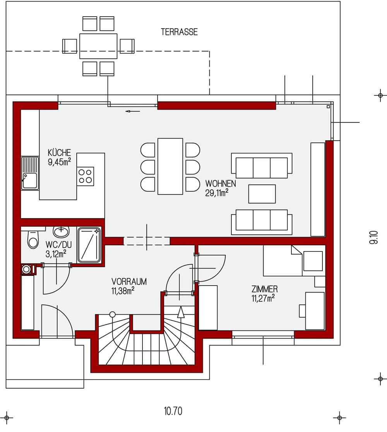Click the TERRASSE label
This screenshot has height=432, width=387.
tap(179, 32)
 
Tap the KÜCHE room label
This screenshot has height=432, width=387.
tap(59, 152)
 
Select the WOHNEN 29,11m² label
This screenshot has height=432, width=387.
tap(221, 188)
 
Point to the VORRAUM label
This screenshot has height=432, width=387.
tap(129, 282)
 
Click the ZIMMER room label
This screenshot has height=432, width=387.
tap(264, 289)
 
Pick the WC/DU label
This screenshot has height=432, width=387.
tap(58, 244)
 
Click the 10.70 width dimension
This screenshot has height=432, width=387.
tap(173, 411)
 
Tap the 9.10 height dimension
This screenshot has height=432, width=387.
tap(374, 238)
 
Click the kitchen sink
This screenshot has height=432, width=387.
tap(30, 173)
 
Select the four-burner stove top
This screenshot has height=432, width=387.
tap(85, 176)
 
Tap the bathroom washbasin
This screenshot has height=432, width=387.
tap(61, 232)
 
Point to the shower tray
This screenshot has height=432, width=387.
tap(89, 244)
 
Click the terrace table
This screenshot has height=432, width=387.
tap(98, 46)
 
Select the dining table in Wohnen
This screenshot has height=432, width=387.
tap(170, 167)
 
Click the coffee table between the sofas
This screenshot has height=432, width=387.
tap(262, 194)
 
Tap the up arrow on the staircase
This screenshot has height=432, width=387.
tap(181, 312)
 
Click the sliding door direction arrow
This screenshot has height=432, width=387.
tap(133, 111)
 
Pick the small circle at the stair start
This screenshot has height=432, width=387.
tap(112, 314)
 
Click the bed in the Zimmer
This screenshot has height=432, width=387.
tap(283, 260)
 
